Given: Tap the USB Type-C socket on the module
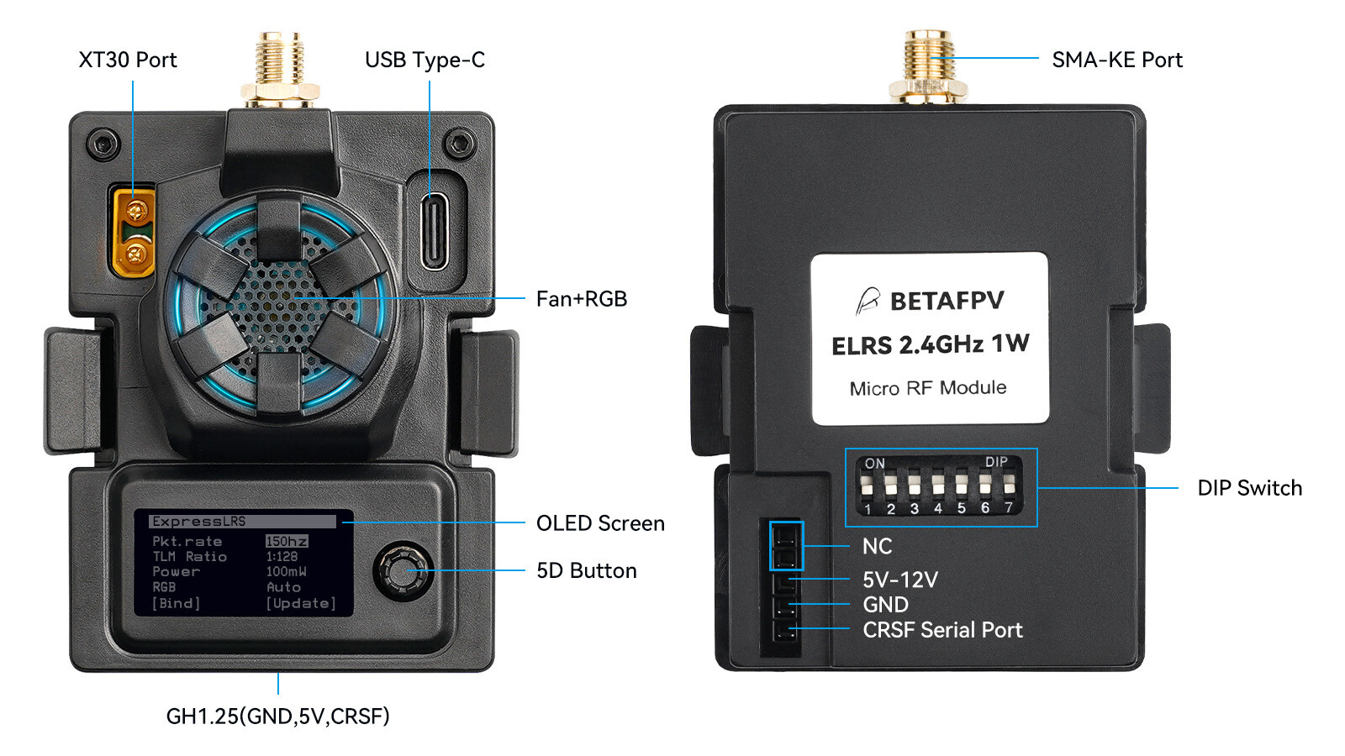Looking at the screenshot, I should (435, 231).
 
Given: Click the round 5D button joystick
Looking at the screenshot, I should (403, 570).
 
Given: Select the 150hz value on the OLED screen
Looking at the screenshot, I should (287, 541).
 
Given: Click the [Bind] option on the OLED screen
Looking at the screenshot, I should (176, 603).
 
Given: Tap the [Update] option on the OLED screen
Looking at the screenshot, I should (301, 603).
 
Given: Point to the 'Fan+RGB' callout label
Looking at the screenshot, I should (581, 299).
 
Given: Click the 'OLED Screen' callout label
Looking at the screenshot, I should (599, 523).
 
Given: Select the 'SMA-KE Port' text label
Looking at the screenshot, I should (1116, 60).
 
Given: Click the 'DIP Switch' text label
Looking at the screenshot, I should (1249, 488).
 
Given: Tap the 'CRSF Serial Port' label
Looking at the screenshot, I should (941, 630).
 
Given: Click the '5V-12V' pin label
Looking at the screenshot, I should (899, 580).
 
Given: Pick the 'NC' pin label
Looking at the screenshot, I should (877, 546).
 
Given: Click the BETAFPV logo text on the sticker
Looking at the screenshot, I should (946, 301).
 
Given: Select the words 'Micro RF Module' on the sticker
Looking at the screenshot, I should (927, 388).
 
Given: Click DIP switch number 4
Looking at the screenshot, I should (937, 487).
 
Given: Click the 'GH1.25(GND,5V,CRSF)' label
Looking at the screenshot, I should (277, 716).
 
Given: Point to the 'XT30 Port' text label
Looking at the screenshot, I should (128, 60).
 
